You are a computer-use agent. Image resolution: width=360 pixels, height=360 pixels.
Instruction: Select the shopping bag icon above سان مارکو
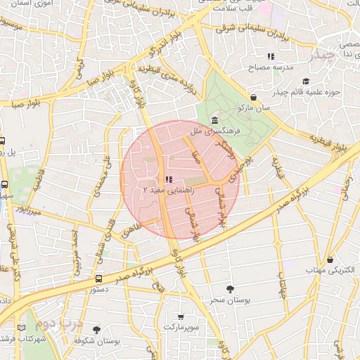(x=253, y=98)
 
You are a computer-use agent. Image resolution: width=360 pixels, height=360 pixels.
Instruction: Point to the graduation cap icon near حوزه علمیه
(x=306, y=82)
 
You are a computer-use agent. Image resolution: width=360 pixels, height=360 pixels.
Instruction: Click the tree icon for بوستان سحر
(x=230, y=288)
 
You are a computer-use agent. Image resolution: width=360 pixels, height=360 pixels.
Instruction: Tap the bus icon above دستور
(x=98, y=278)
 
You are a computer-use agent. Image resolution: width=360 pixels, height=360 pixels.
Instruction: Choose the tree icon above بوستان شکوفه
(x=96, y=329)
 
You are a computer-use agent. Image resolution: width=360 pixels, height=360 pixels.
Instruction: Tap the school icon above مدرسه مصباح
(x=270, y=56)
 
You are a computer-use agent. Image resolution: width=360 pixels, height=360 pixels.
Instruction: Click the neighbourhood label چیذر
(x=325, y=54)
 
